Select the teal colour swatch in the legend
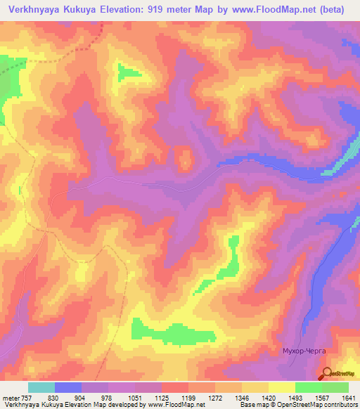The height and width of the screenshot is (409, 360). (x=41, y=387)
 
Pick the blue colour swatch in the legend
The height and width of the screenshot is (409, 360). (x=67, y=387)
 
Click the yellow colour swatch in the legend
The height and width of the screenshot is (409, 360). (x=281, y=387)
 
